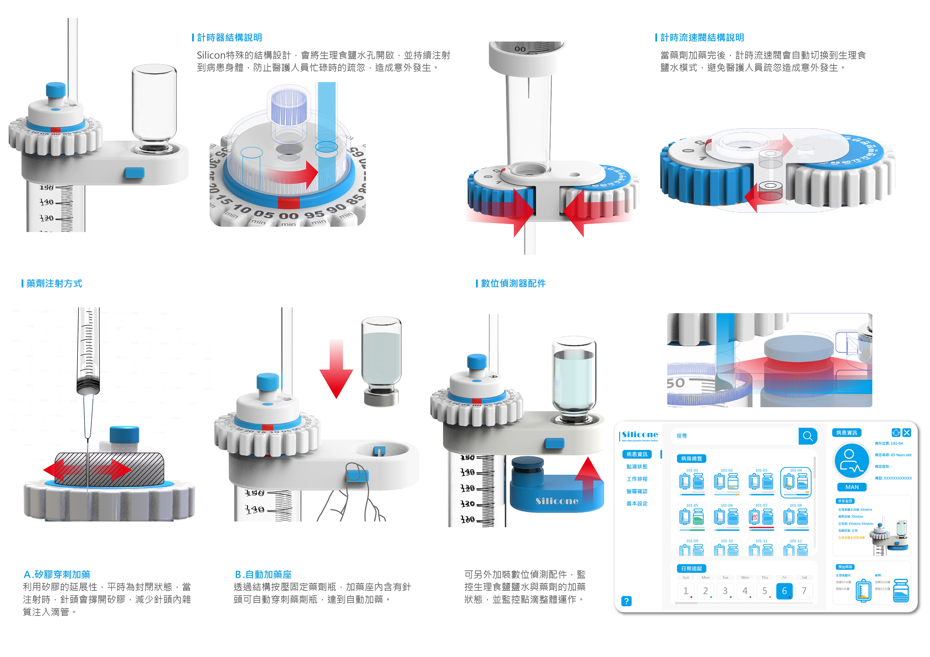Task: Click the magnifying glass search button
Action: tap(808, 436)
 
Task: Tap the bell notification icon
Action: tap(896, 433)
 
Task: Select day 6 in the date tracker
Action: tap(784, 591)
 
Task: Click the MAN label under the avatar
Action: tap(852, 487)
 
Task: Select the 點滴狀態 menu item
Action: tap(637, 467)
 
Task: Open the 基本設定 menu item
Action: tap(637, 504)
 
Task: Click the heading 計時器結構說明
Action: tap(229, 38)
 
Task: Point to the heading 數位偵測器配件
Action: tap(513, 283)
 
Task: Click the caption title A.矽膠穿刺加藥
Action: tap(57, 574)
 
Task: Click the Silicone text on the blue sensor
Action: tap(557, 501)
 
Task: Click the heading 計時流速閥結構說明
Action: tap(702, 38)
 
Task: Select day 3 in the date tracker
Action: tap(725, 591)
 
